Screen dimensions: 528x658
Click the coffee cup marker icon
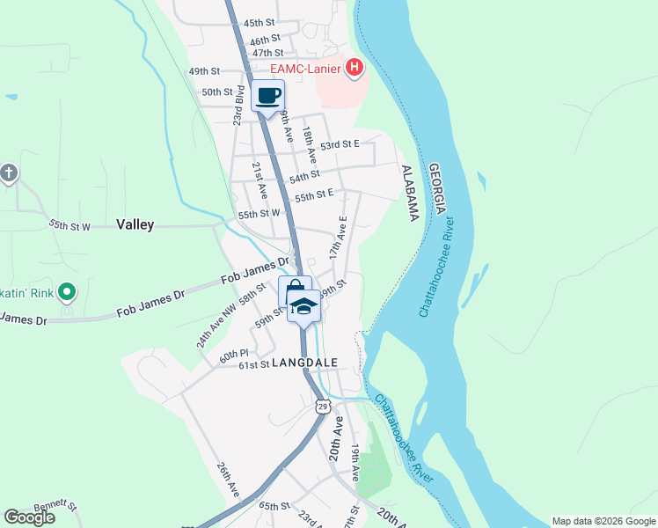(268, 96)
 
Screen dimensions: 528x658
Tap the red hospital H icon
(355, 67)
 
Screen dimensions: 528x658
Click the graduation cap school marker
(304, 307)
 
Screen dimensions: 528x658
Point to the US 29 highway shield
(323, 406)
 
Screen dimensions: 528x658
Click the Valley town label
(135, 224)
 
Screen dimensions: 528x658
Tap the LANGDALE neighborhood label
(304, 363)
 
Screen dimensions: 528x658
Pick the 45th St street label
(260, 23)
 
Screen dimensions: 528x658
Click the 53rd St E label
(340, 144)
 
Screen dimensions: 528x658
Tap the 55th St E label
(314, 194)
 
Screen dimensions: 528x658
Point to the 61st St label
(252, 364)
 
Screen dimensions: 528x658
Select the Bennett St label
(56, 506)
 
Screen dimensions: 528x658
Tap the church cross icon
(8, 172)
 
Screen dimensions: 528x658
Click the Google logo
(29, 517)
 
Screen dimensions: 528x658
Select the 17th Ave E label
(338, 237)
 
